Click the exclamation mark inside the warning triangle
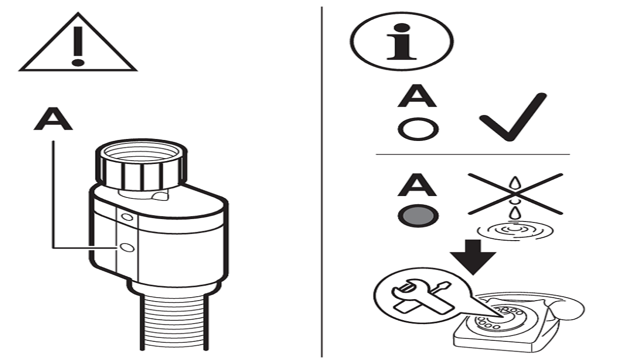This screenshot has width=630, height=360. click(78, 46)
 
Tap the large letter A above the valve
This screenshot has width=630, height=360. click(53, 119)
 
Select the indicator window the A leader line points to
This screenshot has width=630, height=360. click(127, 248)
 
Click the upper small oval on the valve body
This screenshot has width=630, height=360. click(127, 217)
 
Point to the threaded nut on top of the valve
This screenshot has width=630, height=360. click(141, 165)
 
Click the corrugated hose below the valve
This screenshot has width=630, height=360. click(175, 322)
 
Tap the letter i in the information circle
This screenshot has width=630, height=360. click(402, 42)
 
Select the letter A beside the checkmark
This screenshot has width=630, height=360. click(417, 96)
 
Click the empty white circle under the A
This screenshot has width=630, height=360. click(418, 129)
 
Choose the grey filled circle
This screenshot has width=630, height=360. click(418, 216)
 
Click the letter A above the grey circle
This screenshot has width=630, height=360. click(417, 185)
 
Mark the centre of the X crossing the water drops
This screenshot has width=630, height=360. click(515, 194)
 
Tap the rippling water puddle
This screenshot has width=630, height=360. click(515, 231)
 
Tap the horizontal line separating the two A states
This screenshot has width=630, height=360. click(473, 154)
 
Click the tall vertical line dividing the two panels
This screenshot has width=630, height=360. click(322, 182)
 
